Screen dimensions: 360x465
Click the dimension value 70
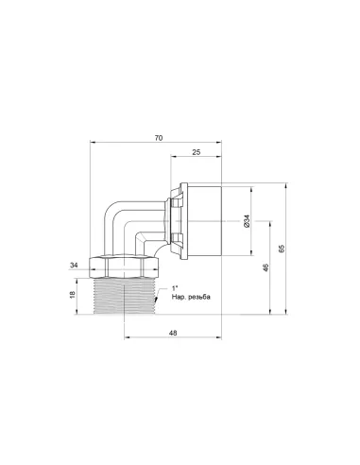click(159, 138)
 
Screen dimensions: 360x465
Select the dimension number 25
click(196, 152)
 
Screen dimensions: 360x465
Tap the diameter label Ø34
click(247, 221)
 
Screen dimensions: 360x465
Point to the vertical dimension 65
click(282, 249)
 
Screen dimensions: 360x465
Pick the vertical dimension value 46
click(266, 267)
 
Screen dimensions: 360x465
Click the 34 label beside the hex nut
click(74, 266)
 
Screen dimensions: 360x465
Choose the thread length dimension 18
click(72, 295)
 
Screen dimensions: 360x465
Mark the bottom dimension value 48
click(173, 333)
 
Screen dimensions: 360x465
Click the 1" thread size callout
click(175, 288)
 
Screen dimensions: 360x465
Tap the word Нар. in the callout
click(178, 297)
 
